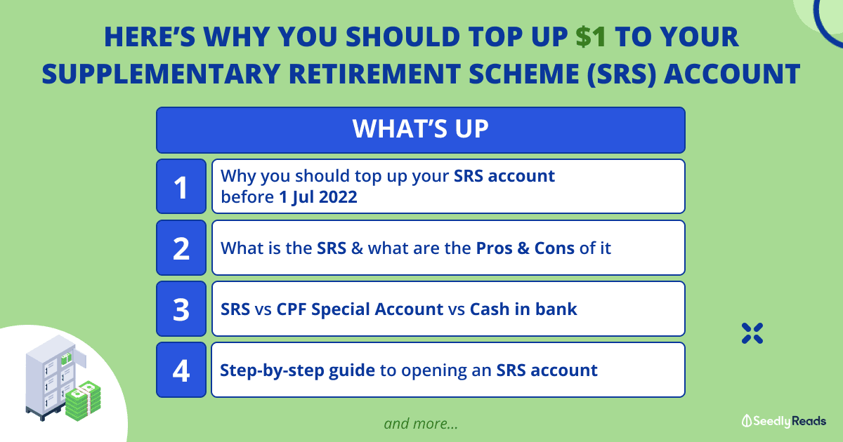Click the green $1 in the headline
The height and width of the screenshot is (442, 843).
[591, 37]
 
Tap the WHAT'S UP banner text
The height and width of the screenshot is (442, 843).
[420, 129]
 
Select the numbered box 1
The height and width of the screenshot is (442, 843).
[181, 187]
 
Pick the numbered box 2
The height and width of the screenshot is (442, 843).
[181, 248]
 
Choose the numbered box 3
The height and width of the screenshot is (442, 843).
[181, 309]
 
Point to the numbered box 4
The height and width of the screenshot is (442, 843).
[181, 370]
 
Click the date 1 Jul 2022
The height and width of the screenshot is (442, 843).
[318, 197]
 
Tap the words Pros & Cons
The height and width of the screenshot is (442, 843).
[525, 248]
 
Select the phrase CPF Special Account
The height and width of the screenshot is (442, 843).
[360, 309]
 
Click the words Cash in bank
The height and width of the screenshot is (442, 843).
[523, 309]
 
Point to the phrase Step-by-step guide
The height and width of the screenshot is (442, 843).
[297, 370]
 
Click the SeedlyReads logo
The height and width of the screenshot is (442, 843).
[784, 421]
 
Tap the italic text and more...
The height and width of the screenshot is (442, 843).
[421, 424]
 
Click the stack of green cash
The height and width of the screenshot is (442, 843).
[83, 401]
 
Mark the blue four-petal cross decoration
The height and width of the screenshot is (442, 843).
[752, 333]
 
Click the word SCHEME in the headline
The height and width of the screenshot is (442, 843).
[523, 74]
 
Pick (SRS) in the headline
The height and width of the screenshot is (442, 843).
[621, 74]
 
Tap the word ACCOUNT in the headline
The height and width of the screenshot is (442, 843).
[732, 74]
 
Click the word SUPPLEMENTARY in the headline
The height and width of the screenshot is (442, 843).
[161, 74]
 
